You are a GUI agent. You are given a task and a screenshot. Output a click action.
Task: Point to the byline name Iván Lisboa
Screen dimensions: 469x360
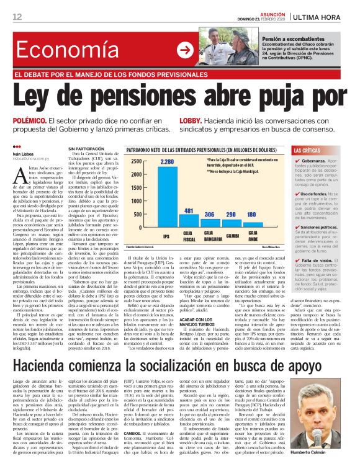(x=24, y=153)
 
